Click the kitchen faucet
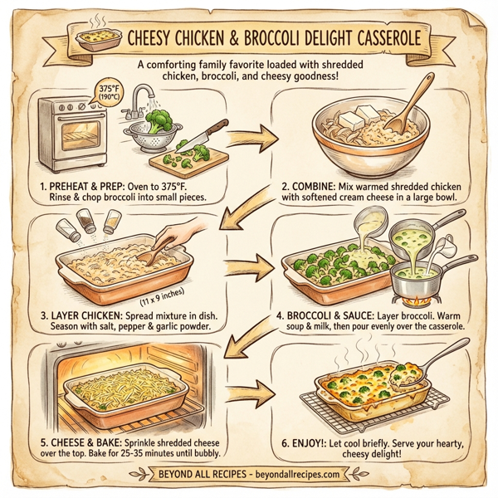pos(143,97)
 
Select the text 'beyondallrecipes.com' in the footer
pos(283,475)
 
